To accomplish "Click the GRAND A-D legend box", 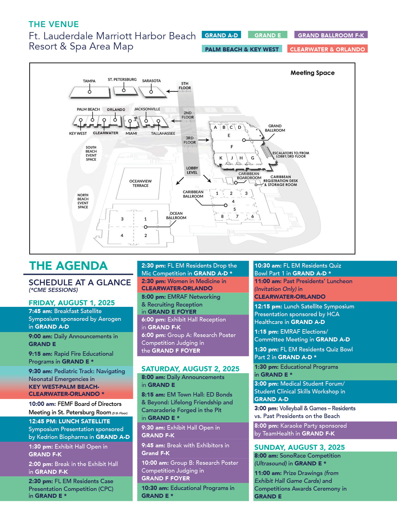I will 221,35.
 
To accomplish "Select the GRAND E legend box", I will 267,35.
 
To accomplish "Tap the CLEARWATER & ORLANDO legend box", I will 327,49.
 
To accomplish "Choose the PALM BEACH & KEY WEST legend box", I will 242,49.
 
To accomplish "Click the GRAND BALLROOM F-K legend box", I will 331,35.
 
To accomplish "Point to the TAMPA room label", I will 89,81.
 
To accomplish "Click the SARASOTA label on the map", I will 151,81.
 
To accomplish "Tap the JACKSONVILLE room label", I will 147,109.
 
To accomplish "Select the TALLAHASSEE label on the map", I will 163,133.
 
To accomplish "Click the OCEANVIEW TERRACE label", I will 140,183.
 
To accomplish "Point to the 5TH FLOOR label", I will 185,86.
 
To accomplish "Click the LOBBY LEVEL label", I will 192,170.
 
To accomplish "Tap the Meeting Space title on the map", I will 312,73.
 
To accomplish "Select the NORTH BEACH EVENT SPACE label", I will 83,201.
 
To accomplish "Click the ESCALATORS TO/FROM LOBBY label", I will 291,155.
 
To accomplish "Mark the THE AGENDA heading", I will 68,266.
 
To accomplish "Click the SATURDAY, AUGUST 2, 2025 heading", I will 190,369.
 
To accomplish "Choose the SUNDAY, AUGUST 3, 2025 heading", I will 299,447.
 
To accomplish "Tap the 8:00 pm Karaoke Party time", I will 266,426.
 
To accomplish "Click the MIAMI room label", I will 131,133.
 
